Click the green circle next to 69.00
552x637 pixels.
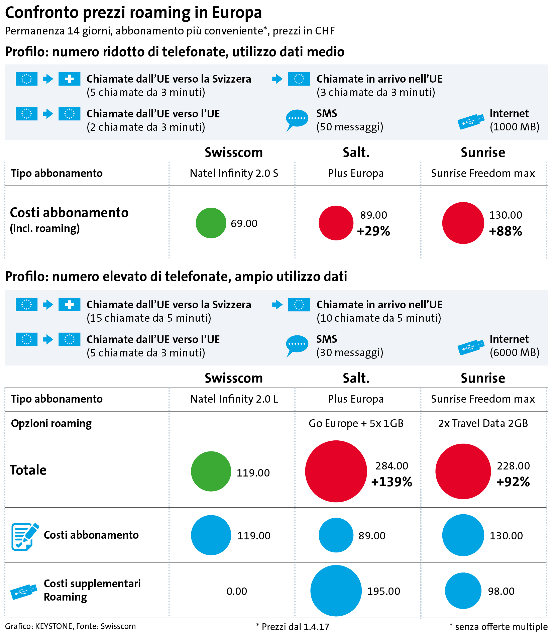click(x=211, y=223)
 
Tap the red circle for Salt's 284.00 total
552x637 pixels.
click(x=336, y=471)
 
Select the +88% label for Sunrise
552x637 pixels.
click(x=505, y=231)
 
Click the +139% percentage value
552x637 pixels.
click(x=392, y=482)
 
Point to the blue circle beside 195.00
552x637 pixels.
click(x=336, y=591)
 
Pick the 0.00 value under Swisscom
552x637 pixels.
click(x=237, y=591)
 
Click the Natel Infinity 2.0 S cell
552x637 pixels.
click(x=234, y=173)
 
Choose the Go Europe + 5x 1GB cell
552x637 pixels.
click(x=356, y=423)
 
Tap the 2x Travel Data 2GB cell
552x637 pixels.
click(x=483, y=423)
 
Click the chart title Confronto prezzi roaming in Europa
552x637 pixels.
click(x=133, y=13)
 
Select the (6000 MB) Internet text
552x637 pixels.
click(x=514, y=352)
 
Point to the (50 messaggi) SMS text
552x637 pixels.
click(x=350, y=127)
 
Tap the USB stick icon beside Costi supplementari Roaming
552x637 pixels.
click(x=24, y=592)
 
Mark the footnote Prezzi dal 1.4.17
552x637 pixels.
click(x=293, y=627)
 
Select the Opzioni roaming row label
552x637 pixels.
click(x=51, y=423)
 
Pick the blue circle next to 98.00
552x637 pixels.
click(x=463, y=591)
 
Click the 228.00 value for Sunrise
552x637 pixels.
click(x=513, y=466)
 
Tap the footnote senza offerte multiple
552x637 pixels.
click(x=499, y=627)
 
